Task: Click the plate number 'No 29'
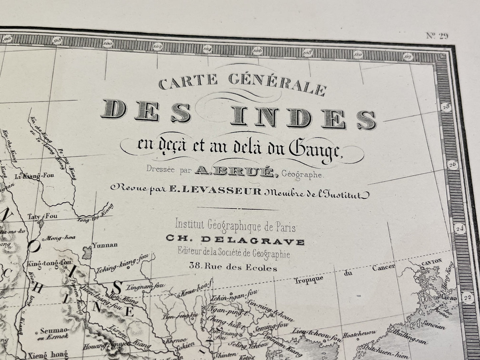click(437, 36)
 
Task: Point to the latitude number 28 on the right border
click(445, 107)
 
